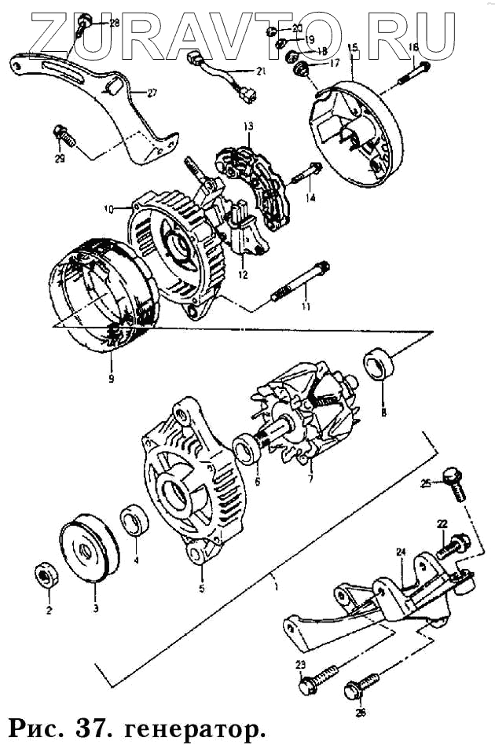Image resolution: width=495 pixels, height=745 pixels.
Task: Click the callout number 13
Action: [x=247, y=126]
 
